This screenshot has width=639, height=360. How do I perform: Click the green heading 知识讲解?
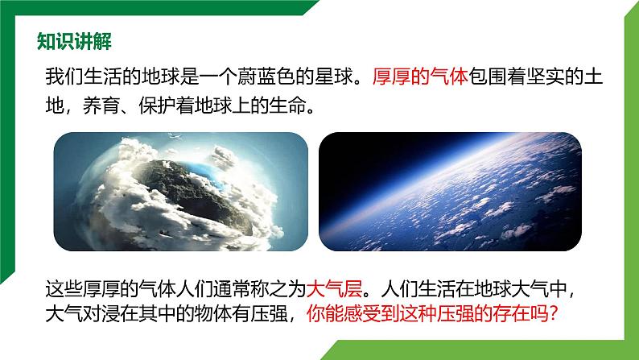tap(74, 41)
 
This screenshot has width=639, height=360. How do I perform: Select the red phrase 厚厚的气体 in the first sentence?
tap(420, 77)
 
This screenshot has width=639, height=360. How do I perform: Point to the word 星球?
tap(333, 77)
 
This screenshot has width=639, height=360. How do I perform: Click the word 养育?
tap(102, 106)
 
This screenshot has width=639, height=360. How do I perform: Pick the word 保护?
tap(157, 106)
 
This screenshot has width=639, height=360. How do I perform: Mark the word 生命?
tap(288, 106)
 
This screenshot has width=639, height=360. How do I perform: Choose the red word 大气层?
tap(334, 289)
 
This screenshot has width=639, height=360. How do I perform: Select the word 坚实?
tap(546, 77)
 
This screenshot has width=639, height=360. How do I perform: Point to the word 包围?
tap(488, 77)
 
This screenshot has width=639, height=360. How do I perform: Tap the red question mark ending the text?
tap(553, 314)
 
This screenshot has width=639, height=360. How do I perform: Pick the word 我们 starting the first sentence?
tap(64, 77)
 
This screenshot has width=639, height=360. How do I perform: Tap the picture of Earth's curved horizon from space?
tap(450, 191)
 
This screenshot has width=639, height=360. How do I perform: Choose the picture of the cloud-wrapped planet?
tap(180, 191)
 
